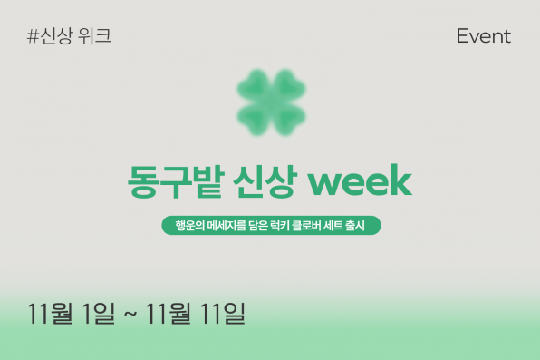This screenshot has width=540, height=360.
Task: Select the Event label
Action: click(483, 37)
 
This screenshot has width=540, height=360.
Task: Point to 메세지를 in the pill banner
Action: click(223, 224)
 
